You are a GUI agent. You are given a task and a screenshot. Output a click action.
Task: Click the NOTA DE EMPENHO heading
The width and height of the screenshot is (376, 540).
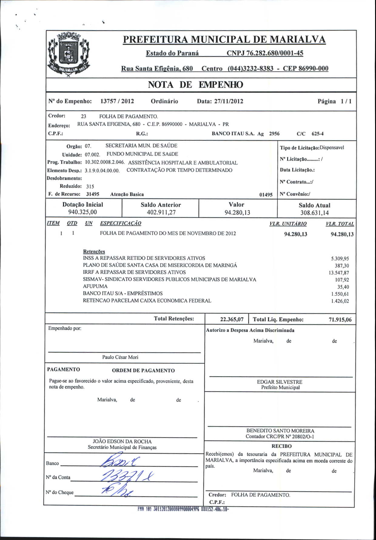[x=195, y=85]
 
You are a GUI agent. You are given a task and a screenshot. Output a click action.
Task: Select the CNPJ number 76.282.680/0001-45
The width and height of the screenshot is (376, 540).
[x=265, y=53]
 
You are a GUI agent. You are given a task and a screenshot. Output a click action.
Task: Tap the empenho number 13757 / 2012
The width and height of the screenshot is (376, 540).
[x=117, y=101]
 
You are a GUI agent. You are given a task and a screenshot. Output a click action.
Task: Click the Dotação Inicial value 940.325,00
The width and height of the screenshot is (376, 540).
[x=82, y=212]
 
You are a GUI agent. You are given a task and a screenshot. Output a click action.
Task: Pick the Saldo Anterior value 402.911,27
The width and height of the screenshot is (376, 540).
[x=161, y=212]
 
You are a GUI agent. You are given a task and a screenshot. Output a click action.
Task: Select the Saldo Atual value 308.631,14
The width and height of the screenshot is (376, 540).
[x=314, y=213]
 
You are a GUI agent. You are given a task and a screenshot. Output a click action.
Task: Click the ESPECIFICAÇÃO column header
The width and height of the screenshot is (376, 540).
[x=121, y=223]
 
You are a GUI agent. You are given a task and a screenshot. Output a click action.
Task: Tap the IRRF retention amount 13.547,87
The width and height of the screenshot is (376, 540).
[x=339, y=273]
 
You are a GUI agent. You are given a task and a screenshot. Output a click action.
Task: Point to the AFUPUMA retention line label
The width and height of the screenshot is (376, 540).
[x=95, y=286]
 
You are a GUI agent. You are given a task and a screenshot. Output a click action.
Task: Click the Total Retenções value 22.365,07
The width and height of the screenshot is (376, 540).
[x=232, y=319]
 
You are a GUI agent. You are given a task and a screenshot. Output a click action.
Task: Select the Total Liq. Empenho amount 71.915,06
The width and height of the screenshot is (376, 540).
[x=340, y=319]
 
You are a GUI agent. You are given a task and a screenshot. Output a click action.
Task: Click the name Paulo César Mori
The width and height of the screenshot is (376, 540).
[x=120, y=357]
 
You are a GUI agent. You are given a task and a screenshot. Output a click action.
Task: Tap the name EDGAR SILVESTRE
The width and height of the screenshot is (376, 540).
[x=280, y=382]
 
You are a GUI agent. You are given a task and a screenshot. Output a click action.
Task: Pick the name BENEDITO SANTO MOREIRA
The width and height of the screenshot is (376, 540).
[x=280, y=431]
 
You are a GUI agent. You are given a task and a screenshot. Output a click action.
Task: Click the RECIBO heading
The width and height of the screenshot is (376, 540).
[x=281, y=446]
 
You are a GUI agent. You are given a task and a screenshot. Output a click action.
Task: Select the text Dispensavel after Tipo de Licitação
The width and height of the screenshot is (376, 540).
[x=332, y=148]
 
